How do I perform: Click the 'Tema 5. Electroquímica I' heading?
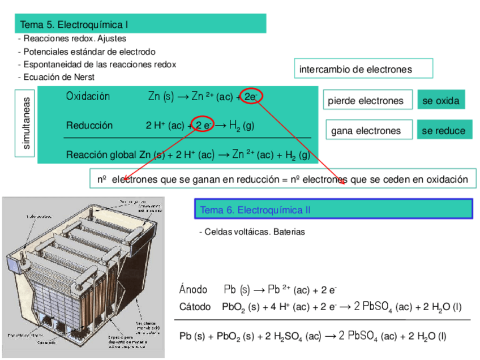click(74, 25)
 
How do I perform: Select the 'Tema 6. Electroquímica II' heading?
click(255, 210)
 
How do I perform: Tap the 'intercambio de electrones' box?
click(355, 69)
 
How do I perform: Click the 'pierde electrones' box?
click(366, 101)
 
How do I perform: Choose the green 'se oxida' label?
click(441, 101)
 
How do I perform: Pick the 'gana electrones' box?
click(366, 131)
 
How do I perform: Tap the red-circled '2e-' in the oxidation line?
click(250, 97)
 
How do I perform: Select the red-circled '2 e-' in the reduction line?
click(204, 125)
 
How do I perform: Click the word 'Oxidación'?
click(88, 96)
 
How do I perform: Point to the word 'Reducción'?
click(89, 125)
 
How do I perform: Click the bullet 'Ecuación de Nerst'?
click(58, 77)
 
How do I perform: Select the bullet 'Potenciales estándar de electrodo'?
click(88, 52)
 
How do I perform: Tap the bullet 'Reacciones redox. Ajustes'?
click(74, 38)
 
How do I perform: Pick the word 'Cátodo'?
click(195, 307)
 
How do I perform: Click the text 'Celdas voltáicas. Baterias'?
click(254, 232)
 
